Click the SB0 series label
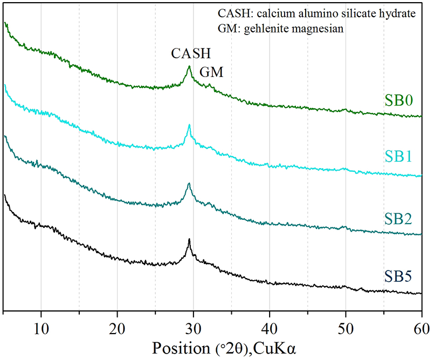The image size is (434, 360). pyautogui.click(x=399, y=100)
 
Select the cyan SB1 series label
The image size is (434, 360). pyautogui.click(x=399, y=157)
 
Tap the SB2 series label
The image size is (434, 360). pyautogui.click(x=399, y=219)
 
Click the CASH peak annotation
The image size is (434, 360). pyautogui.click(x=191, y=54)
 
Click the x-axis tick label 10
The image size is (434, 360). pyautogui.click(x=41, y=327)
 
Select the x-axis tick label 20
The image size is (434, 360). pyautogui.click(x=117, y=327)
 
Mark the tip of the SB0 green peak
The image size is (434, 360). pyautogui.click(x=189, y=66)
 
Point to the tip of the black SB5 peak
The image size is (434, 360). pyautogui.click(x=189, y=239)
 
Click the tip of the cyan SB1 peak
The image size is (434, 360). pyautogui.click(x=189, y=125)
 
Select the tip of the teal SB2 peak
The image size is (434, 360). pyautogui.click(x=189, y=183)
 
